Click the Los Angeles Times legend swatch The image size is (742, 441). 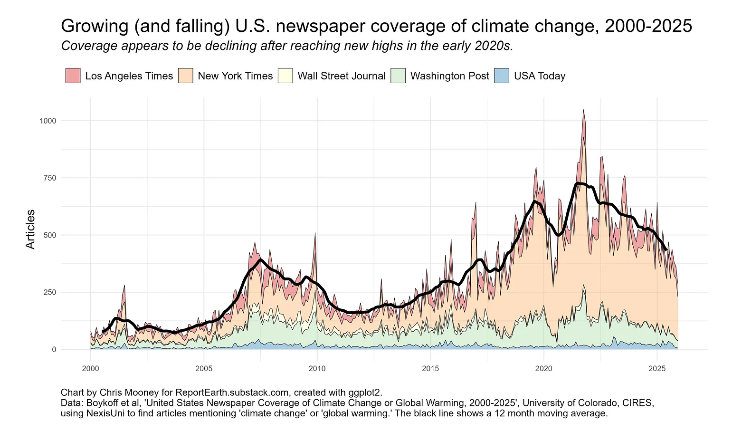[73, 76]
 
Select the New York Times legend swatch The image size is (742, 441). [185, 76]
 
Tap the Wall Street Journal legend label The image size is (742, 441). [341, 76]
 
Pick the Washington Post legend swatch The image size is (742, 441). [398, 76]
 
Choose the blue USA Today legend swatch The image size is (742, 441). [502, 76]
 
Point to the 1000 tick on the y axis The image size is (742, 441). [48, 121]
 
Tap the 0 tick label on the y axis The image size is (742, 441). [54, 349]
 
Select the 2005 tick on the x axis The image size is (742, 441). [203, 368]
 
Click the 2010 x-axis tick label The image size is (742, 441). [317, 368]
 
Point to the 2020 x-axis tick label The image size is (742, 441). [543, 368]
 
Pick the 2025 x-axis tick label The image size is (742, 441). [657, 368]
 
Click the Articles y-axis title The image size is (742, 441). [30, 229]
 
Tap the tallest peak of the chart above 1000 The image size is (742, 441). [583, 110]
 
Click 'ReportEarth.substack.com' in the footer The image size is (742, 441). [232, 393]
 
